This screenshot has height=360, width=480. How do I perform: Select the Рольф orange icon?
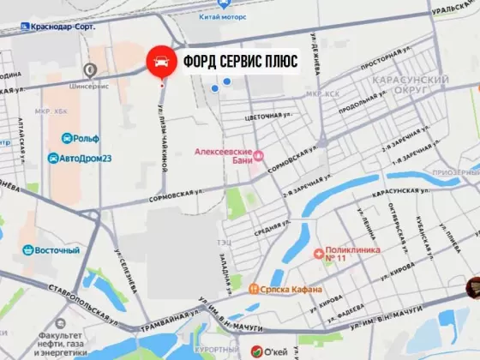(65, 137)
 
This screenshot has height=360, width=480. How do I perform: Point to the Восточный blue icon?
(27, 250)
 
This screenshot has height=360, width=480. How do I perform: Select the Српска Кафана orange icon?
(253, 290)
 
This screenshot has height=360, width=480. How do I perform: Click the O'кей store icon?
(255, 350)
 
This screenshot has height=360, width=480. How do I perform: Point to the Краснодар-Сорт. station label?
(62, 27)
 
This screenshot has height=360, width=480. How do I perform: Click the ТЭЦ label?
(225, 242)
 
